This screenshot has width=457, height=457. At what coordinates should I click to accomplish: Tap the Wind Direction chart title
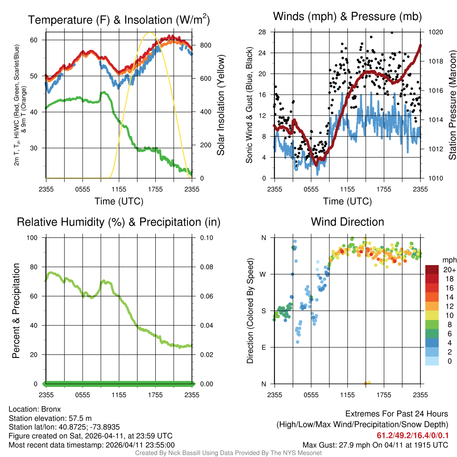pos(347,222)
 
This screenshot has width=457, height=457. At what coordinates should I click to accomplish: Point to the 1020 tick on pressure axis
pos(434,32)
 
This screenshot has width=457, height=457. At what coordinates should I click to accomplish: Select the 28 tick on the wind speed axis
pos(262,32)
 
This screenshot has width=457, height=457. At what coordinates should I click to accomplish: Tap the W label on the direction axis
pos(264,274)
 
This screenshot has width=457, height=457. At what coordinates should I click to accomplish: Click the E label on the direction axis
pos(264,347)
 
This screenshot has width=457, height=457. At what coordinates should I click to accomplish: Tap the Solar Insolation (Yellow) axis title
pos(221,105)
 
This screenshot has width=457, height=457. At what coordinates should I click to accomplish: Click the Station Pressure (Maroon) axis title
pos(452,105)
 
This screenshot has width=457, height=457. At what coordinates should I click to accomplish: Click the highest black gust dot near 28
pos(391,33)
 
